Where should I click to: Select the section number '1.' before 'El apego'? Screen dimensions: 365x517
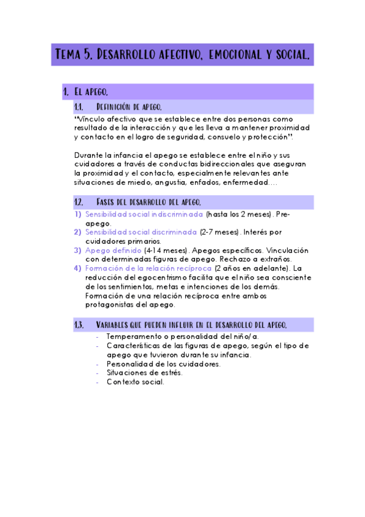pyautogui.click(x=66, y=92)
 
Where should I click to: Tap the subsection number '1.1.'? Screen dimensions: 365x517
pyautogui.click(x=79, y=107)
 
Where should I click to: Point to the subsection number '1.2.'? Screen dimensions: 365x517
pyautogui.click(x=79, y=202)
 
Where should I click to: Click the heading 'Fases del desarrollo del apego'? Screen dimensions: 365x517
pyautogui.click(x=149, y=202)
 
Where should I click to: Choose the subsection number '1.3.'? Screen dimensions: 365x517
pyautogui.click(x=79, y=324)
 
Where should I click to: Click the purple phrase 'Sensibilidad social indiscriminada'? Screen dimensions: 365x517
pyautogui.click(x=144, y=215)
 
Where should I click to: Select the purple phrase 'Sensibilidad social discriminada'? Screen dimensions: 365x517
pyautogui.click(x=141, y=232)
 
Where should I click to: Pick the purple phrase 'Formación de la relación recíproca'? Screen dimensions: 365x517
pyautogui.click(x=149, y=268)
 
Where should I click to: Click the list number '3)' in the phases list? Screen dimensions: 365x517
pyautogui.click(x=77, y=250)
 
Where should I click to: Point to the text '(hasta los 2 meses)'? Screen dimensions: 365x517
pyautogui.click(x=238, y=215)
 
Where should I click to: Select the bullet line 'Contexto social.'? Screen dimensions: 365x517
pyautogui.click(x=135, y=382)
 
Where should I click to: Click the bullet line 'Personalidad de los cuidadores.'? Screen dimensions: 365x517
pyautogui.click(x=163, y=364)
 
